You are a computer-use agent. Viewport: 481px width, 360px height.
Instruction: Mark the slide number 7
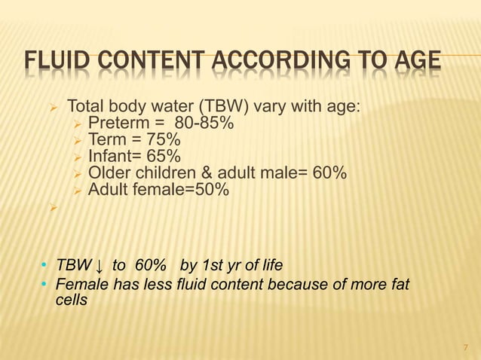point(464,347)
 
